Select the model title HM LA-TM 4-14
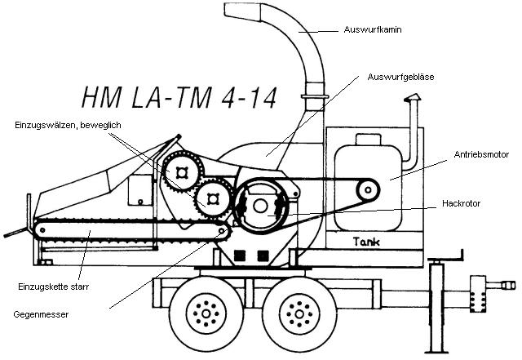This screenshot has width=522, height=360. click(179, 97)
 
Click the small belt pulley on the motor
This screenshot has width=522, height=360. click(368, 191)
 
